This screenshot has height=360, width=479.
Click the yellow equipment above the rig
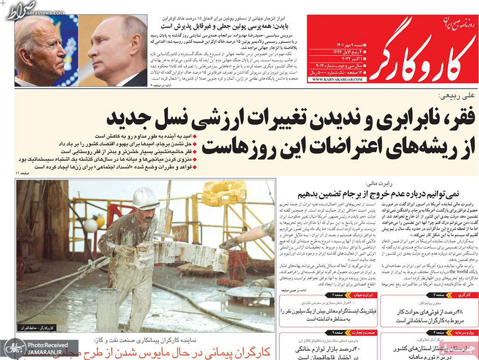224,193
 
